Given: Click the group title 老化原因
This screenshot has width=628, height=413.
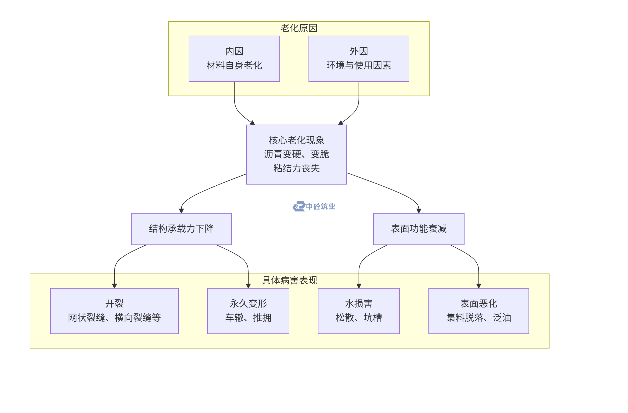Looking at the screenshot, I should click(x=299, y=28).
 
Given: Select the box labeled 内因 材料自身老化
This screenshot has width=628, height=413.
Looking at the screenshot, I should click(x=234, y=58).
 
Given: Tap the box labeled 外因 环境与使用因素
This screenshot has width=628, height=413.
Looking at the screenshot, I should click(x=359, y=58).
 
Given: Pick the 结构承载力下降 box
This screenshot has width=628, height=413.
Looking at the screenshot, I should click(x=181, y=228).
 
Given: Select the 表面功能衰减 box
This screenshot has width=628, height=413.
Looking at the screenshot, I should click(x=419, y=228).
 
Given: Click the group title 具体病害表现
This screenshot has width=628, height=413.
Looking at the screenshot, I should click(x=289, y=280).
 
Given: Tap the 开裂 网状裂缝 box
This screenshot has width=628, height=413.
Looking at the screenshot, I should click(x=114, y=311).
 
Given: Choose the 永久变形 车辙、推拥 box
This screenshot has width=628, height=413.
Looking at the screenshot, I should click(x=248, y=311).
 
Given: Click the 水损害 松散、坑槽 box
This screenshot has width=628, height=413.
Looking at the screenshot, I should click(x=359, y=311).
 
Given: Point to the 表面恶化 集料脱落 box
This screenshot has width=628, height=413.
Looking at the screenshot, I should click(x=478, y=311).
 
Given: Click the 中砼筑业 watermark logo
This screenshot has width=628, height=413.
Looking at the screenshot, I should click(x=314, y=206).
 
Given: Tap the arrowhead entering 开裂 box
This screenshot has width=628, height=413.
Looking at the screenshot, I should click(x=114, y=286).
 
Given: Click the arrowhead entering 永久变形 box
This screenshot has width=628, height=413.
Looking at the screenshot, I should click(x=248, y=286).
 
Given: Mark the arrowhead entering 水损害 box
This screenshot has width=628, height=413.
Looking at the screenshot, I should click(x=359, y=286).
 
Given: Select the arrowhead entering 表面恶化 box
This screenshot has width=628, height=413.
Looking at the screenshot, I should click(x=478, y=286).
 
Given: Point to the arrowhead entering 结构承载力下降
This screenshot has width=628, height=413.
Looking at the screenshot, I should click(x=181, y=211).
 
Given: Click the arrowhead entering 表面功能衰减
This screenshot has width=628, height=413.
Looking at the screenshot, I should click(x=419, y=211).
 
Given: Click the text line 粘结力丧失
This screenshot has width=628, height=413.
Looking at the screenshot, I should click(x=296, y=168).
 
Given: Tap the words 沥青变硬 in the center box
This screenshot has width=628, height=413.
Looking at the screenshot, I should click(x=282, y=154).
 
